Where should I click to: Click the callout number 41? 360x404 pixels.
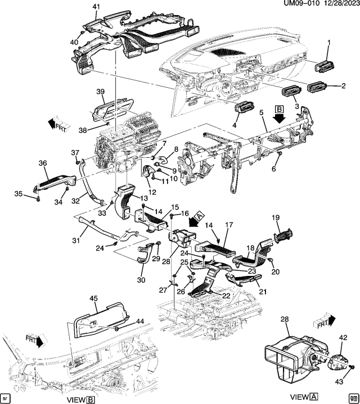point(96,7)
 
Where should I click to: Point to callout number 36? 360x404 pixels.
point(42,164)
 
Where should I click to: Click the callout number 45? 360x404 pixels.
point(94,298)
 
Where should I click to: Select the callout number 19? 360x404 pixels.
point(276,217)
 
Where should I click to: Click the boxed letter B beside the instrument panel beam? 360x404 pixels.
point(279,109)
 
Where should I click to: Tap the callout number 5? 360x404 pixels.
point(261,113)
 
